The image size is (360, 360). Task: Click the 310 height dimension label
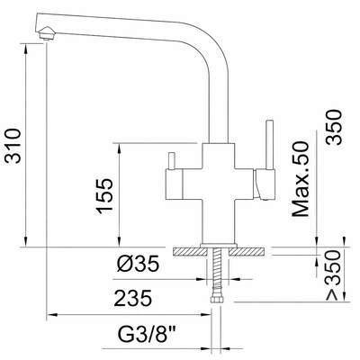[13, 146]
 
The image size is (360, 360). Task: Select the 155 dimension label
[105, 196]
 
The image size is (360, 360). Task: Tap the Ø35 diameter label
[138, 264]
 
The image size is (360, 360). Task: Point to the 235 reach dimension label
[133, 298]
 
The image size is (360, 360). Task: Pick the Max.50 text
[301, 179]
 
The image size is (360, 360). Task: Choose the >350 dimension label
[334, 275]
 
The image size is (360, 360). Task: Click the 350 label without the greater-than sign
[334, 128]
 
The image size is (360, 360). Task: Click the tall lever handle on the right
[269, 145]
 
